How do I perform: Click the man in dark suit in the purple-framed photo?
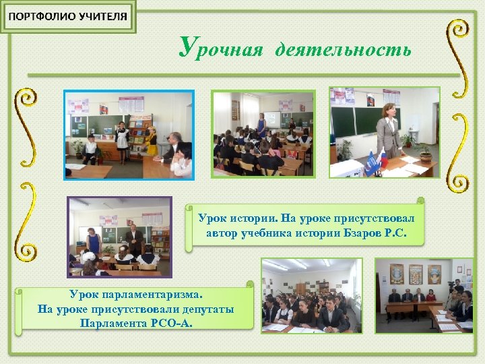pyautogui.click(x=133, y=239)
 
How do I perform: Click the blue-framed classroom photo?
pyautogui.click(x=129, y=135)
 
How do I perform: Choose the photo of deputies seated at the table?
pyautogui.click(x=424, y=295)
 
